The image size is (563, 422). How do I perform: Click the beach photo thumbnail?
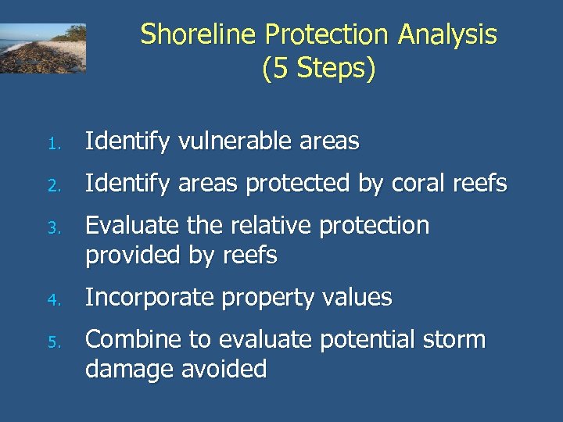43,48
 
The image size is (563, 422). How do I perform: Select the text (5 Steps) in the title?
319,69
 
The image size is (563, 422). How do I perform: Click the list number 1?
52,144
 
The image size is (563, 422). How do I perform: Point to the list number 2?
52,186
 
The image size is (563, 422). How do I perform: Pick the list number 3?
52,228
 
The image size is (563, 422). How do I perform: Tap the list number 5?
52,342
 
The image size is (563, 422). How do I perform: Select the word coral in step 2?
418,184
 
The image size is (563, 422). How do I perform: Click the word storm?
453,340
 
